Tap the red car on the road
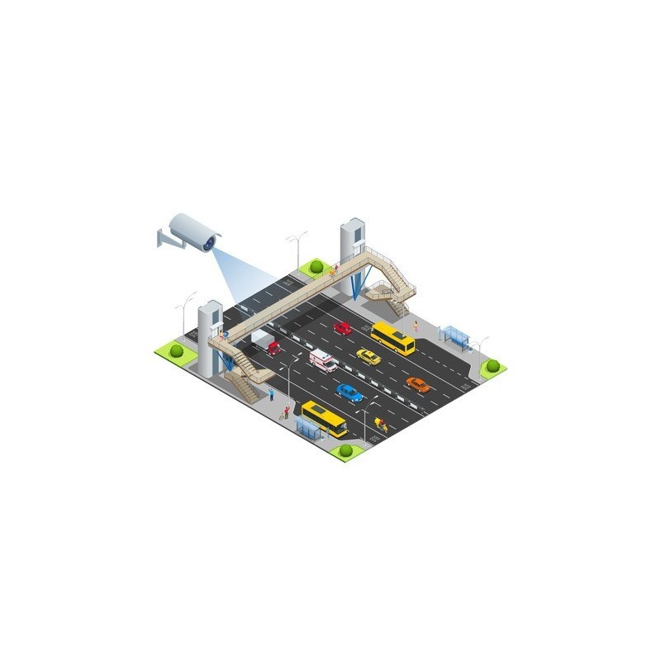click(x=342, y=328)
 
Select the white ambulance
click(x=322, y=360)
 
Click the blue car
click(x=350, y=392)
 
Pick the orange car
click(x=418, y=384)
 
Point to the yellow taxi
click(x=369, y=356)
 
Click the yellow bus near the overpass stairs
click(x=392, y=338)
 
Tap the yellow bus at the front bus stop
click(x=324, y=418)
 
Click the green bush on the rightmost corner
click(x=492, y=365)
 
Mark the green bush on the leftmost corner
click(x=177, y=350)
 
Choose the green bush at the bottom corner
click(x=345, y=451)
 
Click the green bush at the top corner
click(x=315, y=267)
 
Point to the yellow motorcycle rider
click(x=380, y=424)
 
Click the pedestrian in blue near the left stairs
click(x=271, y=393)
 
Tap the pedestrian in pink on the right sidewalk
click(x=416, y=326)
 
